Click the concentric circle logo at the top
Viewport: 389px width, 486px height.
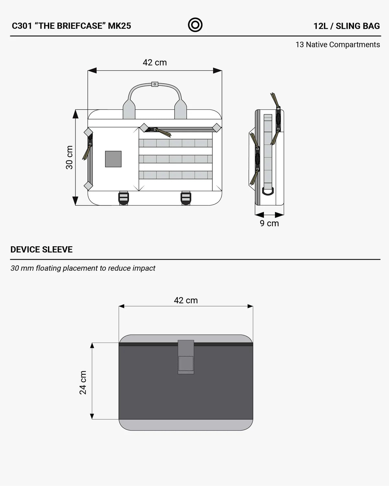tap(195, 25)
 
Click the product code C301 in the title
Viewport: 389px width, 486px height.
tap(22, 26)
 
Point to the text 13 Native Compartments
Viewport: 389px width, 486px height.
tap(338, 45)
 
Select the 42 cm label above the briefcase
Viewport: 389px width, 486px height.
tap(155, 63)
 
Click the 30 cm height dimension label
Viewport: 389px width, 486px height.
tap(69, 157)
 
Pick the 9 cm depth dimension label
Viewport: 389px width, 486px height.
tap(269, 223)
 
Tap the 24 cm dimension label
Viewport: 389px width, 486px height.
tap(83, 383)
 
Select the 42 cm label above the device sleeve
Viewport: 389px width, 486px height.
tap(186, 300)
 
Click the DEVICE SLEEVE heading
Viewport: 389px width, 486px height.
tap(41, 249)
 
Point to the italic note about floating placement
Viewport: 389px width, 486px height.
tap(83, 268)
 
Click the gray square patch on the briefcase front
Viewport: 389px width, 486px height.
tap(113, 159)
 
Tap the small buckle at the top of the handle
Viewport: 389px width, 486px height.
tap(155, 84)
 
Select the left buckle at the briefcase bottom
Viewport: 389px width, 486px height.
tap(124, 198)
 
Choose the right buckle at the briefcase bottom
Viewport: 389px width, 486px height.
tap(186, 198)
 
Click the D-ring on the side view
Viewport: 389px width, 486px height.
tap(268, 191)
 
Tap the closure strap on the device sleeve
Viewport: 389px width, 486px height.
tap(186, 357)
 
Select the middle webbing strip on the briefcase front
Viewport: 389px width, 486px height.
tap(175, 159)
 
